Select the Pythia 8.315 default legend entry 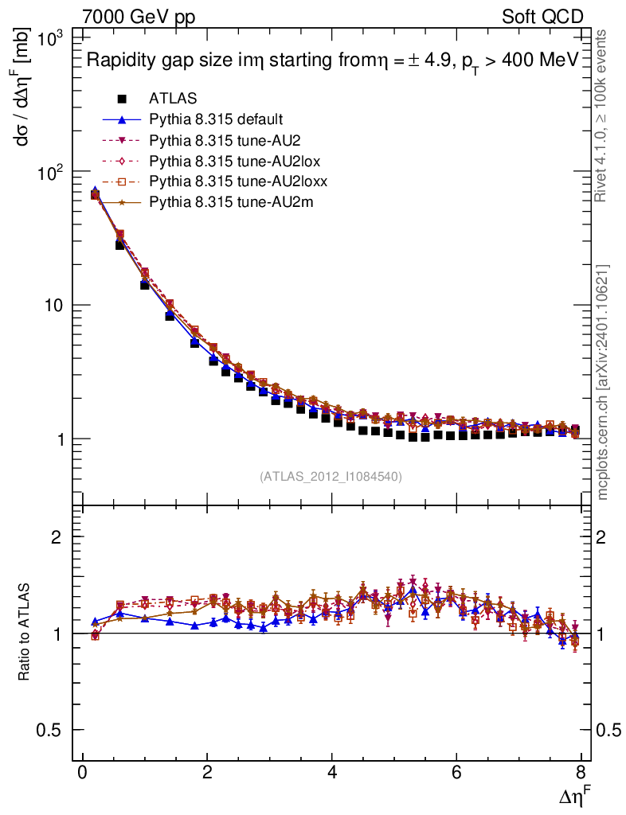[215, 119]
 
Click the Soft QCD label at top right [542, 17]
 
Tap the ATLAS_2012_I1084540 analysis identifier [331, 477]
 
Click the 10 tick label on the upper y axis [57, 306]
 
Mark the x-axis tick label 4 [331, 774]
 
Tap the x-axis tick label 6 [456, 774]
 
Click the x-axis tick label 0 [82, 774]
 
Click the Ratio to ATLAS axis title [26, 632]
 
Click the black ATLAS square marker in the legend [122, 99]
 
